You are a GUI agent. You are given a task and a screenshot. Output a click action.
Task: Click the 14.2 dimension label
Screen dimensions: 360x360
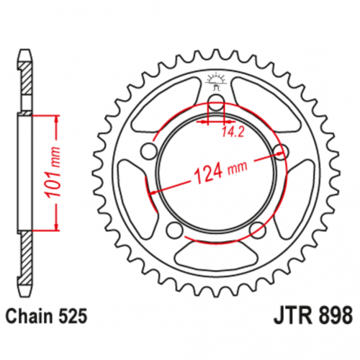click(x=233, y=132)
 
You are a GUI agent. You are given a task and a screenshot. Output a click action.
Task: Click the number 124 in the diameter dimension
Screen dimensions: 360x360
click(x=208, y=174)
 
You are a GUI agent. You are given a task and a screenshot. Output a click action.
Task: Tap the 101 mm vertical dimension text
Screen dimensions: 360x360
click(x=53, y=172)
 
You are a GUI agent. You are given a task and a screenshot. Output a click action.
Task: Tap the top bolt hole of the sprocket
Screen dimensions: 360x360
click(x=216, y=102)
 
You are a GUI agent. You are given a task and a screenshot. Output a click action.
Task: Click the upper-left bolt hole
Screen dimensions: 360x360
click(x=148, y=151)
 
